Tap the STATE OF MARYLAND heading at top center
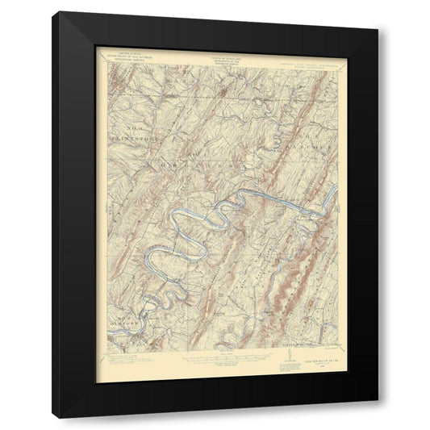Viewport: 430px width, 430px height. click(215, 53)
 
